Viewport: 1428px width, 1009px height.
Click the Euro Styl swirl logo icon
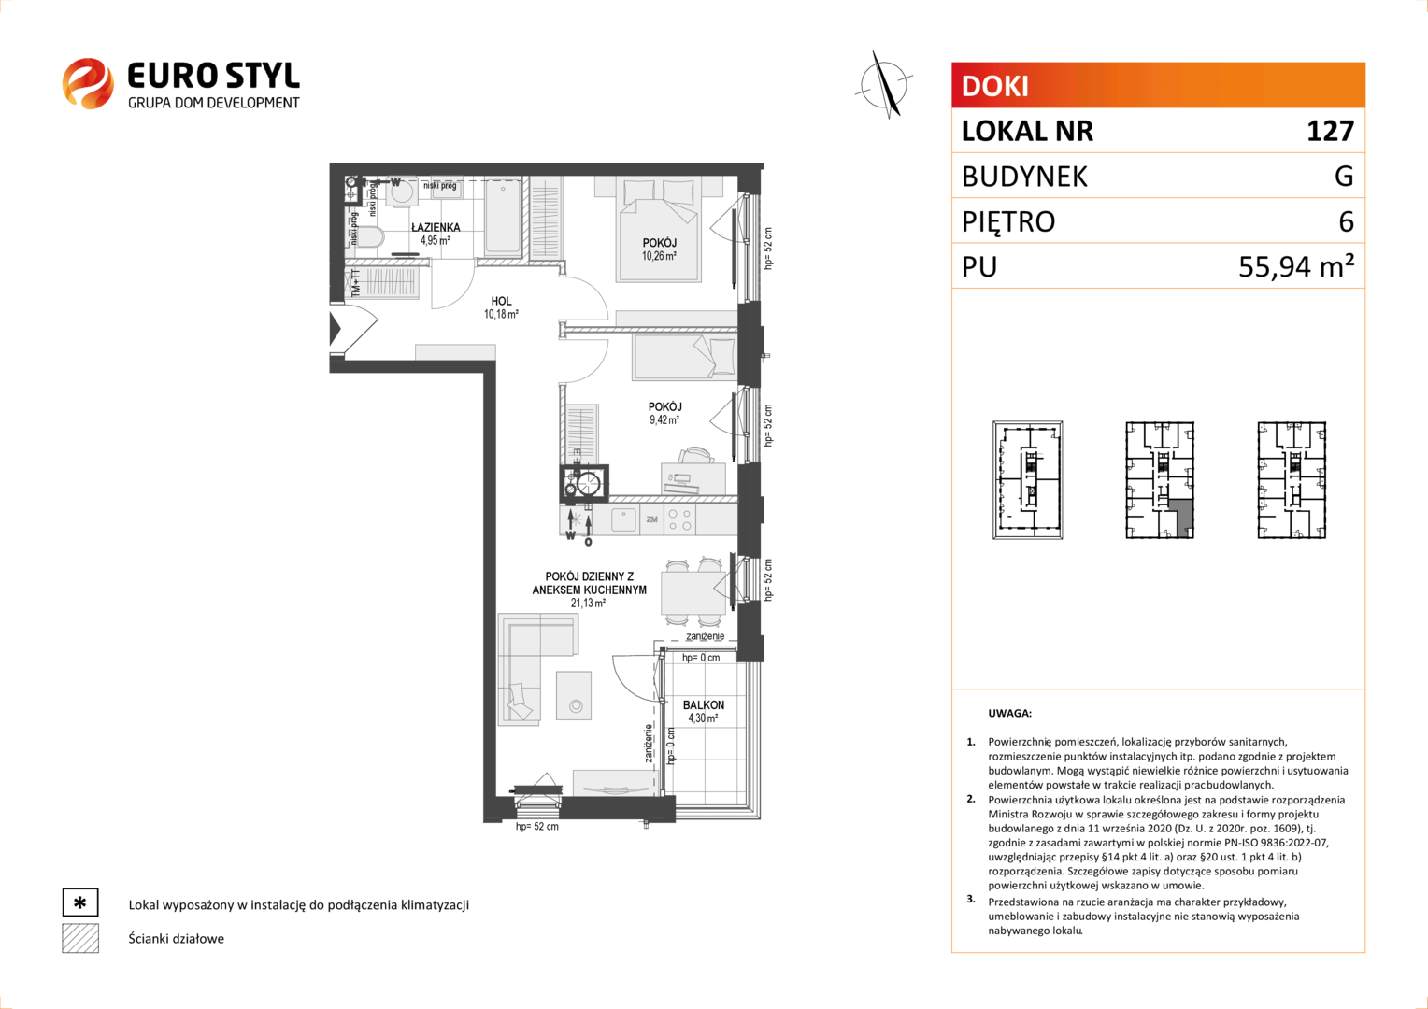(88, 83)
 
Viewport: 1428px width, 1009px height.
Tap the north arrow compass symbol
(884, 84)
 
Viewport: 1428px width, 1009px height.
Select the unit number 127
(1330, 132)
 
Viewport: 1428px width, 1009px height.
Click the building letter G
(1344, 176)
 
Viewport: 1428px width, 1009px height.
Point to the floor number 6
(1346, 221)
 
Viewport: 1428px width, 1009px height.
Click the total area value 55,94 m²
(1296, 265)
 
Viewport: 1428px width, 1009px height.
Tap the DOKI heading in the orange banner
(994, 86)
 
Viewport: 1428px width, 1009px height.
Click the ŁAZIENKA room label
(436, 227)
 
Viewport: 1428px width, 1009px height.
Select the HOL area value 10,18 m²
(501, 314)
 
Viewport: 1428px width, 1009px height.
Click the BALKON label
(703, 705)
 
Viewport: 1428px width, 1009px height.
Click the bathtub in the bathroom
(504, 216)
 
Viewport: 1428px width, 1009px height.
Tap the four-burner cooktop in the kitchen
(679, 520)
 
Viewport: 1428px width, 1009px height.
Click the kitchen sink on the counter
(623, 519)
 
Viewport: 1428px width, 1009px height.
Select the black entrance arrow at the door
(335, 328)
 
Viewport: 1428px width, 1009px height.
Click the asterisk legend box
(80, 902)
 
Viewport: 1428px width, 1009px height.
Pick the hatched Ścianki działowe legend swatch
(80, 938)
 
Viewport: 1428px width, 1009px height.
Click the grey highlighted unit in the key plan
(1181, 517)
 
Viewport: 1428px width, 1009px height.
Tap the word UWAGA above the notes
(1010, 713)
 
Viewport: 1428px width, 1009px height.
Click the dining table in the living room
(693, 592)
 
